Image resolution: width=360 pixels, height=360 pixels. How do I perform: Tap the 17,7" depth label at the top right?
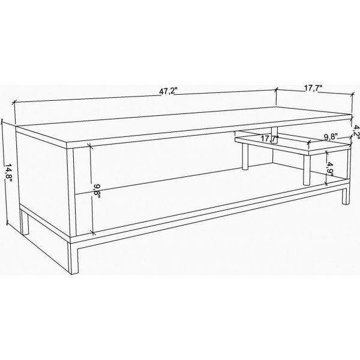coord(313,88)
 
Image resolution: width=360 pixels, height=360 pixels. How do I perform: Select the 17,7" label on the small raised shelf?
coord(269,139)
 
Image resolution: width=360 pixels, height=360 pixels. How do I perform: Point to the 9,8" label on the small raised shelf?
coord(331,137)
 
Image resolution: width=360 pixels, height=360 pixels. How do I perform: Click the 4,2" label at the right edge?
coord(355,131)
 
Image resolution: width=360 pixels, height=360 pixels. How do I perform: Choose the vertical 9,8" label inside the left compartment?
coord(97,192)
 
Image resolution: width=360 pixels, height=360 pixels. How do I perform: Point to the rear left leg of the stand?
coord(24,222)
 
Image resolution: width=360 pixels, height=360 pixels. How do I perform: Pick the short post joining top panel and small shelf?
coord(274,131)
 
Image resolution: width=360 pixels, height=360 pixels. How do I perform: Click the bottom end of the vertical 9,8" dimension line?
coord(94,233)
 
